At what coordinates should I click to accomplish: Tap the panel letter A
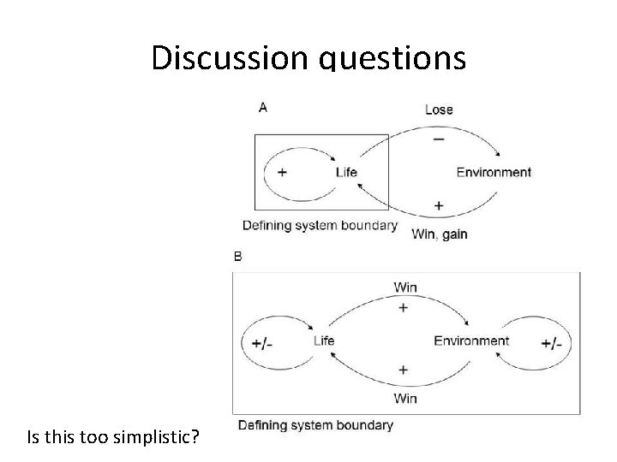click(262, 107)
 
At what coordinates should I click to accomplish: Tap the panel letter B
click(237, 256)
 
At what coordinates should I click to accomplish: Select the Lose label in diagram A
click(439, 110)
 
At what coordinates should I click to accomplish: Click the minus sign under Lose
click(439, 139)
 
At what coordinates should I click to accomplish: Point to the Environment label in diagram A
click(494, 172)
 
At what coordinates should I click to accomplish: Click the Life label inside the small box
click(346, 172)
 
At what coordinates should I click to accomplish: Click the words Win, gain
click(440, 234)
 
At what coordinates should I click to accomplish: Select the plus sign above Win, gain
click(439, 205)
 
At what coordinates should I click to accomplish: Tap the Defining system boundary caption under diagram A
click(320, 226)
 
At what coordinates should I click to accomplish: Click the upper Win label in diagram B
click(404, 286)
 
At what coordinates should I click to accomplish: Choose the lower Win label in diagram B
click(404, 398)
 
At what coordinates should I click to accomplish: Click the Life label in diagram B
click(324, 341)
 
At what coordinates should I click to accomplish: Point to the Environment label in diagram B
click(471, 341)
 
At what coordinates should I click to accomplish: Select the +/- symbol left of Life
click(262, 342)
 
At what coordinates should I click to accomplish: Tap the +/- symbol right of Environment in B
click(552, 342)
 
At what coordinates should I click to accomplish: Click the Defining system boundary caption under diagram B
click(314, 424)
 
